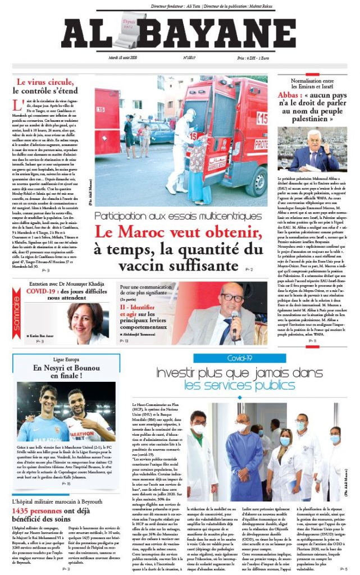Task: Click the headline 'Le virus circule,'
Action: pos(47,81)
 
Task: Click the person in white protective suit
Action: pos(183,149)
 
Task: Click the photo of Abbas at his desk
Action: pos(312,149)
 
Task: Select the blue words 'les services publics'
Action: pos(235,386)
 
